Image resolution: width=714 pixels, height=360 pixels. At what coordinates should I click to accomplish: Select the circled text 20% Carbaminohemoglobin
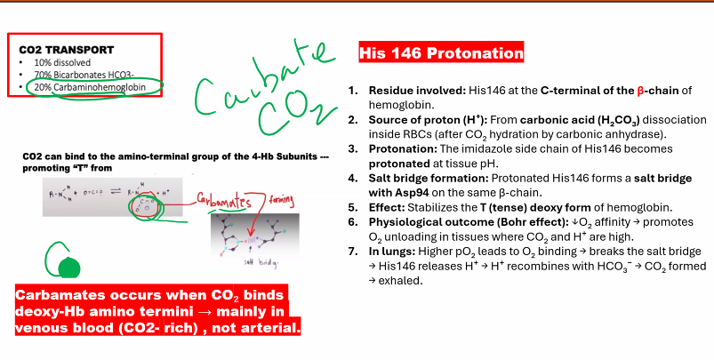pos(85,87)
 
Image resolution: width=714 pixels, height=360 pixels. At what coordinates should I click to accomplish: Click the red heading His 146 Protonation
pos(441,54)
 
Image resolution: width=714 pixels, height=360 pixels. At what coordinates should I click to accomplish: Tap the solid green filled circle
pos(66,268)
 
